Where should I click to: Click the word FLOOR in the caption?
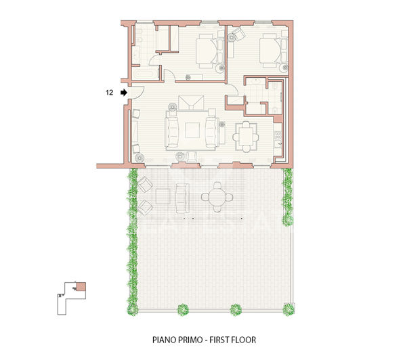[x=242, y=340]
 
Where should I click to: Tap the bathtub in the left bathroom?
[x=142, y=72]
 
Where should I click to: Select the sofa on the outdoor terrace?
[x=181, y=196]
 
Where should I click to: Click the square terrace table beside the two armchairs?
[x=163, y=196]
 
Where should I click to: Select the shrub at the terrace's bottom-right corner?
[x=288, y=309]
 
